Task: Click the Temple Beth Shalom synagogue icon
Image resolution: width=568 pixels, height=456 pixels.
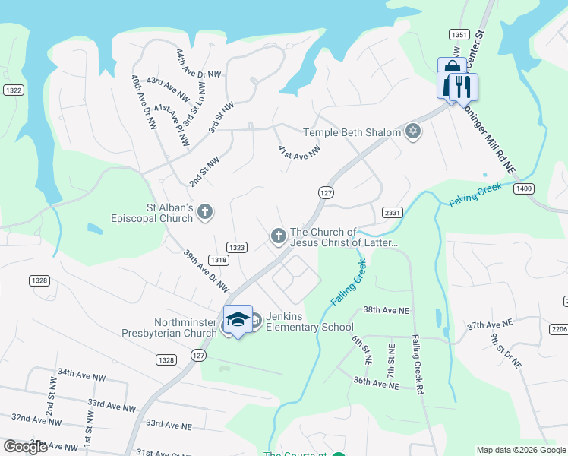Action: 413,132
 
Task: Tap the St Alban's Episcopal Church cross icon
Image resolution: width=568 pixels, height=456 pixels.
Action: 205,213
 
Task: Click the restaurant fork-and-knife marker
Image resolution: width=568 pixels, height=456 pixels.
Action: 462,86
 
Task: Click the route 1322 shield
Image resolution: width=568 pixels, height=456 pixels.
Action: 13,90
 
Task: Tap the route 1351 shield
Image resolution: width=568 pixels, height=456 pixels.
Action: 458,35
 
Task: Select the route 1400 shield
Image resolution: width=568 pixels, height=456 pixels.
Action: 523,188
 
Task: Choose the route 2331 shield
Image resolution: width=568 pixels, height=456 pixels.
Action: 392,213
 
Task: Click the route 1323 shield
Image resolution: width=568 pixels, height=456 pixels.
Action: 237,247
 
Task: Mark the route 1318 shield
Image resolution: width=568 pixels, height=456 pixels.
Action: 219,260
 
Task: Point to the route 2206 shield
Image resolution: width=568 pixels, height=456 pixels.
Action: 558,328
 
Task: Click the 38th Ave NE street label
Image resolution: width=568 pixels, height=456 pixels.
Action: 386,310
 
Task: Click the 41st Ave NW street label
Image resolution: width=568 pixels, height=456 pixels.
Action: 299,152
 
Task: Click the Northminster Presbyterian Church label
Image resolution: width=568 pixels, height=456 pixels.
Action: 169,328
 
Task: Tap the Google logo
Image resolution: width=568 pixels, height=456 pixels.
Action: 25,447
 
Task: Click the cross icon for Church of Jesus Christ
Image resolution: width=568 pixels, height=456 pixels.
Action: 278,237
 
